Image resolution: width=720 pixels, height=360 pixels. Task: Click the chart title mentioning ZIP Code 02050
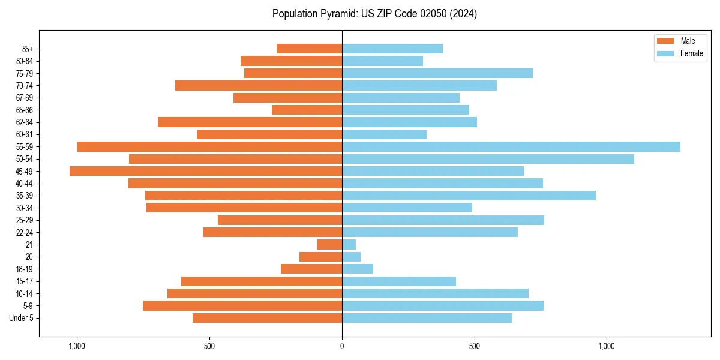coord(374,14)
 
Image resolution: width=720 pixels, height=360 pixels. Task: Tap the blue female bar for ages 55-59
coord(511,147)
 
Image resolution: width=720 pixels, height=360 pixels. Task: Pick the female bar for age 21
coord(349,245)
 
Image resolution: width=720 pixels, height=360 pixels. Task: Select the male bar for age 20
coord(320,257)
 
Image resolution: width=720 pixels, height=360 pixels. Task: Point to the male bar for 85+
coord(309,49)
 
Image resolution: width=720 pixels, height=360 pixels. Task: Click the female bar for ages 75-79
coord(437,73)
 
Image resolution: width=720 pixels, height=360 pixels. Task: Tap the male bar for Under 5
coord(267,318)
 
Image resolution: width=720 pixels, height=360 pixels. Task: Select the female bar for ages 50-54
coord(488,159)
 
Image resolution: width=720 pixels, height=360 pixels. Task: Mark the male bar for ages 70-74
coord(259,86)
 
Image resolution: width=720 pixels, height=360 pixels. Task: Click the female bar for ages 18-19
coord(357,269)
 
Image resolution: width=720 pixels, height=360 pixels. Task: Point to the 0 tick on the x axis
coord(342,346)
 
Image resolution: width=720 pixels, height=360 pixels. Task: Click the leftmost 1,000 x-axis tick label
coord(77,346)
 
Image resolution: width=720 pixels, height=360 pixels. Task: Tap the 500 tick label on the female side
coord(474,346)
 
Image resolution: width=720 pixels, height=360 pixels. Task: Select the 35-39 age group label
coord(25,196)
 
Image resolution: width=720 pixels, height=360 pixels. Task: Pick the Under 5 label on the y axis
coord(22,318)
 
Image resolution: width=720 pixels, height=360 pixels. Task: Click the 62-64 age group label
coord(25,122)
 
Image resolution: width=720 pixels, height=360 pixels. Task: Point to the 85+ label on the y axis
coord(28,49)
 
